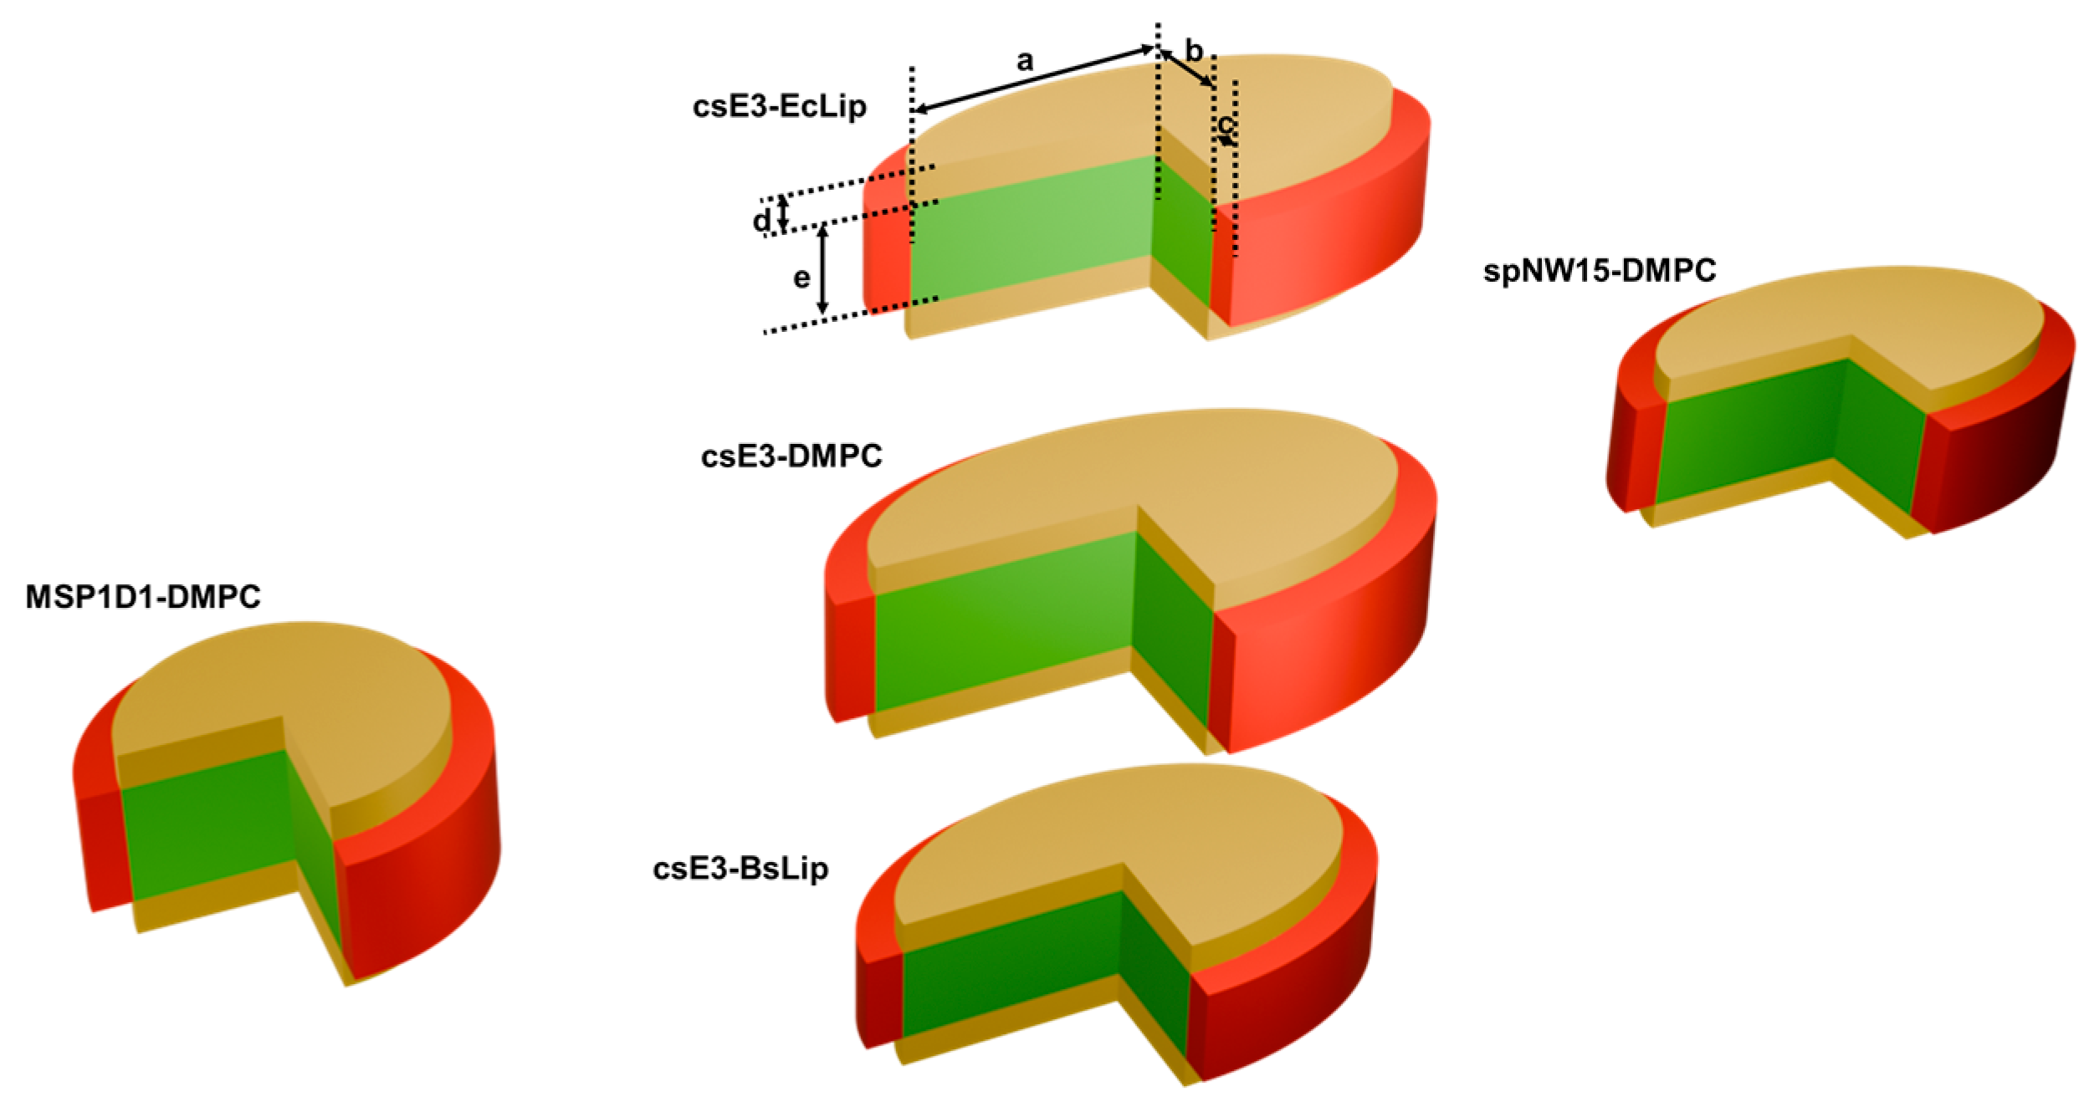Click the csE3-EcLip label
tap(779, 107)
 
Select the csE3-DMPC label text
tap(791, 456)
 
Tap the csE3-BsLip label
tap(740, 869)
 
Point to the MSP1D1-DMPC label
tap(143, 597)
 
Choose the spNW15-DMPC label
tap(1599, 271)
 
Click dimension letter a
tap(1025, 61)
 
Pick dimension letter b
tap(1194, 52)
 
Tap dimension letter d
tap(760, 221)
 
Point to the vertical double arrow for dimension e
tap(822, 269)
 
